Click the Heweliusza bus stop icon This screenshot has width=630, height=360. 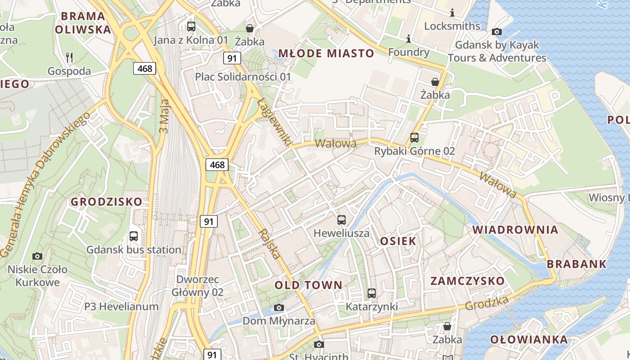pos(342,220)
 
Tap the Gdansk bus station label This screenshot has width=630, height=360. pos(134,250)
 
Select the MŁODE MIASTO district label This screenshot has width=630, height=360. pos(326,54)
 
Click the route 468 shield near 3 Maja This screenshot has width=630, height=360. pos(144,68)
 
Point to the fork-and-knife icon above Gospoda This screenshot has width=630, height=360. pos(69,57)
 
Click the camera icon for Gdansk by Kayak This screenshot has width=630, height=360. pos(497,31)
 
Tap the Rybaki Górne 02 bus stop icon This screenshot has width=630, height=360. pos(414,138)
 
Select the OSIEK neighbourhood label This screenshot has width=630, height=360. pos(398,241)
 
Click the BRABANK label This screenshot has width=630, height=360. pos(577,264)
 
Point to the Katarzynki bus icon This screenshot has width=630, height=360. pos(372,293)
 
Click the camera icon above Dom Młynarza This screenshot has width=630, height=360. pos(279,308)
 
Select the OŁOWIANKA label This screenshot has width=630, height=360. pos(529,340)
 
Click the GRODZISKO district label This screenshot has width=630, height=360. pos(106,202)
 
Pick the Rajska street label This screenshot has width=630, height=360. pos(270,243)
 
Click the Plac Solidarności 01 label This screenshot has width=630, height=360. pos(243,77)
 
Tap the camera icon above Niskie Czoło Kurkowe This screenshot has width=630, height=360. pos(37,256)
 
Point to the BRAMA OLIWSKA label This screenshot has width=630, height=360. pos(83,23)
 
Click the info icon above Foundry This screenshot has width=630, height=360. pos(409,39)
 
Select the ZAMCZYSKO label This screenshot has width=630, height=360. pos(468,281)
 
